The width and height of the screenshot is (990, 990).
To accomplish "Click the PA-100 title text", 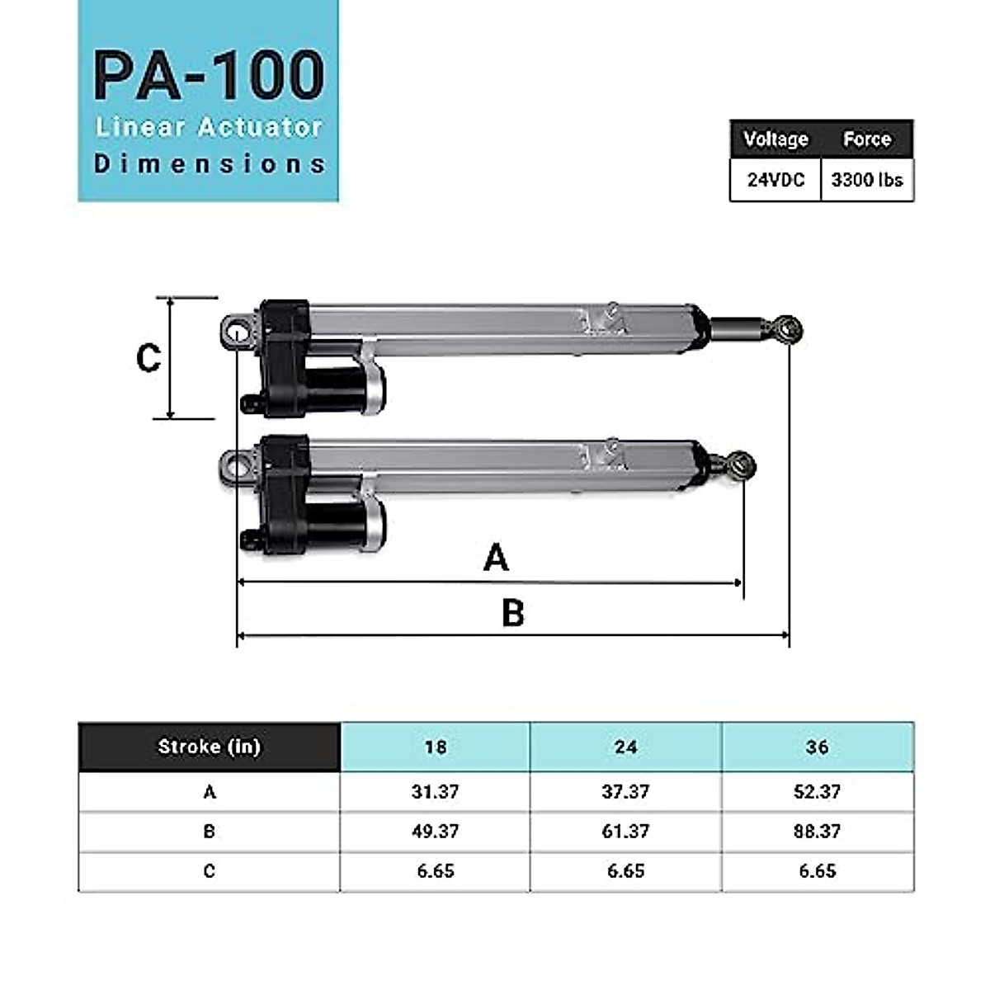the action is (x=209, y=76).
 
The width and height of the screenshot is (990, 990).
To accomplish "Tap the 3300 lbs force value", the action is (x=867, y=180).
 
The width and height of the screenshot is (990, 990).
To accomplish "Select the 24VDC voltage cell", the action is (x=775, y=180).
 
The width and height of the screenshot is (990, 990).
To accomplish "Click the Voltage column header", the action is (x=775, y=139).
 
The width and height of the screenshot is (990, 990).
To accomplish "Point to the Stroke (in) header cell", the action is (x=209, y=747).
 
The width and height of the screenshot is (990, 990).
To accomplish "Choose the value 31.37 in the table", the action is (x=435, y=791).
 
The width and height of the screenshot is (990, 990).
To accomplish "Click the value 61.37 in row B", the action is (x=625, y=831).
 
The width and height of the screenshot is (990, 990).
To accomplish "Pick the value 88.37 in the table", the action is (x=818, y=831).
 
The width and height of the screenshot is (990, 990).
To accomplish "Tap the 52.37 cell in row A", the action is (x=818, y=791).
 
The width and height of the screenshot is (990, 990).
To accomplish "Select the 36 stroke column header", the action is (x=818, y=747).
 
